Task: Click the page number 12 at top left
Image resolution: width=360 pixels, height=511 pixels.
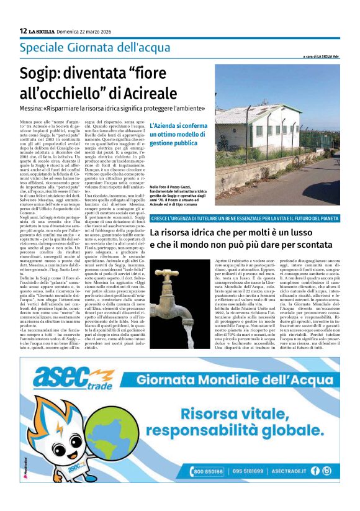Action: (x=23, y=30)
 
